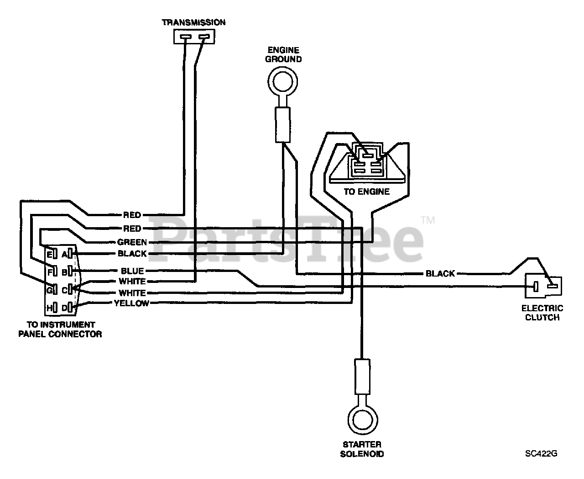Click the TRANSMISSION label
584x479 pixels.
(x=193, y=22)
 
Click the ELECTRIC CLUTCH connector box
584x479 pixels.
(x=543, y=287)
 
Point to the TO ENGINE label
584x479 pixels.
(x=367, y=192)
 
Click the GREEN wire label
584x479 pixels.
(x=132, y=242)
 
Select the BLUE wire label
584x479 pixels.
(x=132, y=271)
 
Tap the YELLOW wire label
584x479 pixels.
(x=131, y=303)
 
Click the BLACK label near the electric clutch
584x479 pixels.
(x=440, y=274)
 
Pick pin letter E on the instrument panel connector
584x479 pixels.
(x=49, y=255)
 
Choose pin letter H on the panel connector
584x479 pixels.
(x=49, y=308)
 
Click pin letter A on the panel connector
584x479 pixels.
(x=64, y=254)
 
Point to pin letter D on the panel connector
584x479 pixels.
(x=64, y=308)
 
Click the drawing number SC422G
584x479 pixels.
(x=541, y=454)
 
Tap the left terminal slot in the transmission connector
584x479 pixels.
(x=185, y=37)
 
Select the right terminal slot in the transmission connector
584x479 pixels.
(x=204, y=36)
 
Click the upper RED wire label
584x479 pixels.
(x=132, y=215)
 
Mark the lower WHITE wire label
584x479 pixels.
(x=132, y=293)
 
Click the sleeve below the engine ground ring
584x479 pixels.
(x=283, y=125)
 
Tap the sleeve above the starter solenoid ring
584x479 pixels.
(x=362, y=377)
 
